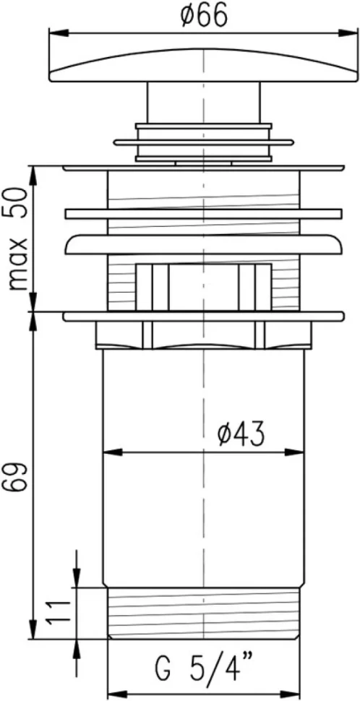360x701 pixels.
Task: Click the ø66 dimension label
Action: pyautogui.click(x=203, y=17)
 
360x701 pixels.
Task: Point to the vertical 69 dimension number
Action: pyautogui.click(x=18, y=478)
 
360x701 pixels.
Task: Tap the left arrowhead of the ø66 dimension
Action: pyautogui.click(x=59, y=33)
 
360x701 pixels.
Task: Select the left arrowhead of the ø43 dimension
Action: pyautogui.click(x=113, y=452)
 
